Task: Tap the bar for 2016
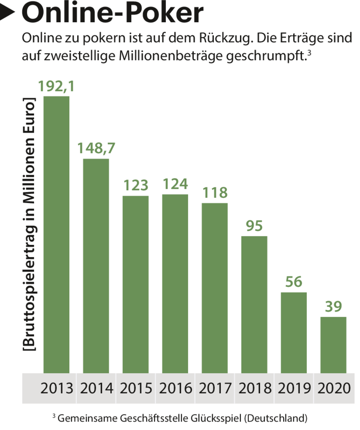tap(175, 283)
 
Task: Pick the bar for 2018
tap(254, 304)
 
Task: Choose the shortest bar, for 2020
tap(333, 344)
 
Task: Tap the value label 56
tap(294, 282)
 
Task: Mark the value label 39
tap(333, 307)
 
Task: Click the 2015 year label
tap(135, 388)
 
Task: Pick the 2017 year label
tap(214, 388)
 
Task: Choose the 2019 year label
tap(294, 388)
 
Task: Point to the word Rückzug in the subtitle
tap(225, 39)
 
